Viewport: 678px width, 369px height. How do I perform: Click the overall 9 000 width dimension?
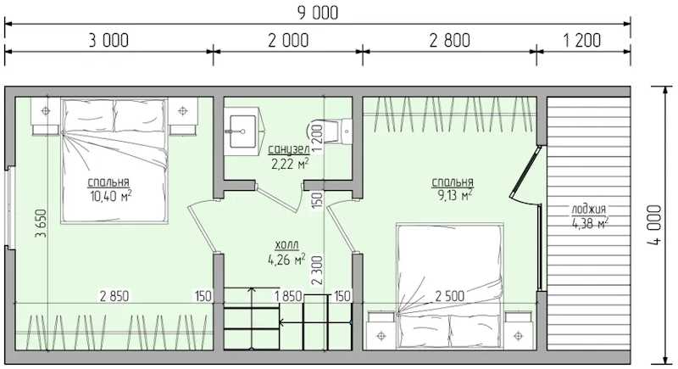[x=318, y=13]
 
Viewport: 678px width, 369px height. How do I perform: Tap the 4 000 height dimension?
[x=654, y=225]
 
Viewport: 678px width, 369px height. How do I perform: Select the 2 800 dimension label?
[x=450, y=40]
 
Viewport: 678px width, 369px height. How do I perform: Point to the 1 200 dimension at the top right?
[x=582, y=40]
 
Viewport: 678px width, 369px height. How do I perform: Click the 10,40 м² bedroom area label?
[x=111, y=196]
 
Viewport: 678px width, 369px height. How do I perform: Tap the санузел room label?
[x=289, y=149]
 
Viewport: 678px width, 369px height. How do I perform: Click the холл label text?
[x=286, y=245]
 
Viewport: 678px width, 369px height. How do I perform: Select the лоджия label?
[x=589, y=210]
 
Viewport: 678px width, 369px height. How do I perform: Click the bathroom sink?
[x=242, y=131]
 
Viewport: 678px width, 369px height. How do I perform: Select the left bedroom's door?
[x=202, y=227]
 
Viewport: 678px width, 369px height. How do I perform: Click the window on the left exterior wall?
[x=10, y=207]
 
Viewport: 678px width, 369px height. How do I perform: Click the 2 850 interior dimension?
[x=114, y=296]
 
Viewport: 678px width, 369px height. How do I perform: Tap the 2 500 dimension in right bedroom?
[x=450, y=296]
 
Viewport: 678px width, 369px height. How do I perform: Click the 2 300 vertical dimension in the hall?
[x=317, y=270]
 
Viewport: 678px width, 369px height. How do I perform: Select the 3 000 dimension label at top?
[x=108, y=40]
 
